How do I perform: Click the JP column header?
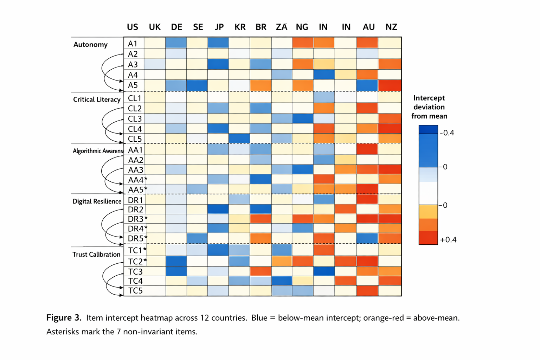pos(219,27)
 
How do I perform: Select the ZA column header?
pos(282,27)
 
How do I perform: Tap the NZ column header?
pos(391,27)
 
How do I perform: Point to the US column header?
pos(133,27)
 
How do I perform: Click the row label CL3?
pos(135,119)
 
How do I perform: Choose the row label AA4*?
pos(137,180)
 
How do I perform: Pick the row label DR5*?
pos(137,238)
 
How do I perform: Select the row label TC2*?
pos(137,262)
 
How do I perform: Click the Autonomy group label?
pos(90,45)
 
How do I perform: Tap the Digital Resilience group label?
pos(97,201)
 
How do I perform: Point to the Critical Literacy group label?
pos(97,99)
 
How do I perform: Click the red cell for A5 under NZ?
pos(390,85)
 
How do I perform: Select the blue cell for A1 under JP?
pos(218,43)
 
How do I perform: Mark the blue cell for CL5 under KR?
pos(239,138)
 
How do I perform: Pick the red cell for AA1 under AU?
pos(367,149)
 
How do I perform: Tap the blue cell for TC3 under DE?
pos(176,271)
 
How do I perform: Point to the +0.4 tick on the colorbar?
pos(448,240)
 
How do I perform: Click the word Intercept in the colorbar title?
pos(429,98)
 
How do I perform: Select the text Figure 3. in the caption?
pos(64,318)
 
